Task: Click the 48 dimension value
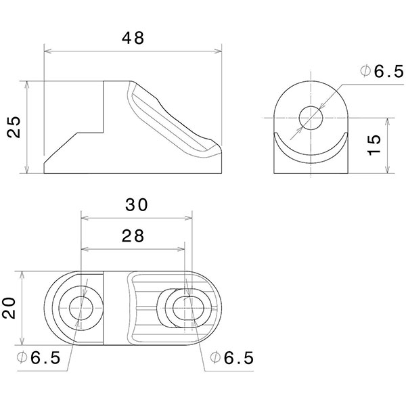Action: (x=133, y=38)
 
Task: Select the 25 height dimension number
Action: (x=16, y=127)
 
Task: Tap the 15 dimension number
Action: (x=377, y=144)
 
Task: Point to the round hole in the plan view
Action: (x=81, y=309)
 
